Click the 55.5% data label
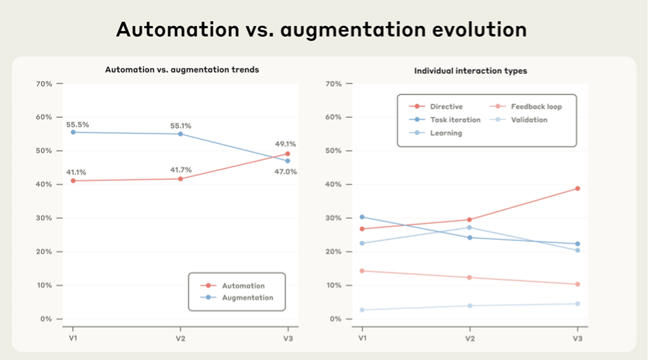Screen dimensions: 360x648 point(78,124)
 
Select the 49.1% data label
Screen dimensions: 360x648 point(285,144)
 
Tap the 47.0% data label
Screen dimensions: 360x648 point(285,172)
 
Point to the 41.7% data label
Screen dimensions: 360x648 point(181,169)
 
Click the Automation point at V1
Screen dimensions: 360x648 point(73,181)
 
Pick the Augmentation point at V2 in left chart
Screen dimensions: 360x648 point(180,134)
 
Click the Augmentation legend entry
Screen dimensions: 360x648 point(248,298)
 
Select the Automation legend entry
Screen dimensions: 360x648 point(243,286)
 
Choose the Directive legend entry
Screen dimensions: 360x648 point(446,107)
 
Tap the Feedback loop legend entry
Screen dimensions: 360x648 point(536,107)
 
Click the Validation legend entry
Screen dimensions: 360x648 point(529,120)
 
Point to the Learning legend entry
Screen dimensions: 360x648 point(445,133)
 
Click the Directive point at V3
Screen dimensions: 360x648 point(577,188)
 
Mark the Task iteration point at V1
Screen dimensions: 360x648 point(362,217)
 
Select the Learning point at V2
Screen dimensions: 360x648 point(470,228)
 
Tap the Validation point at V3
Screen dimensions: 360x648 point(577,304)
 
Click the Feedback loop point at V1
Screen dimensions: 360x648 point(362,271)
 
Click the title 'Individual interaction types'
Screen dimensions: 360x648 point(470,71)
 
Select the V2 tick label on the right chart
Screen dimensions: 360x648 point(470,338)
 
